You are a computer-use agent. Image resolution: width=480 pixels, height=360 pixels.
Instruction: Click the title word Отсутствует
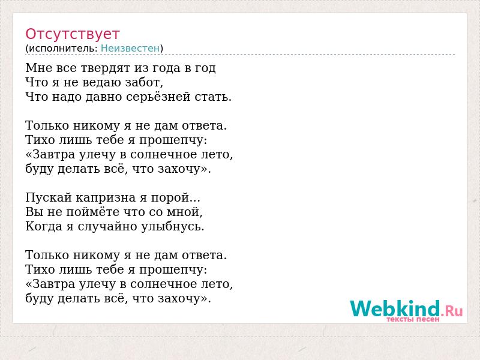tap(72, 34)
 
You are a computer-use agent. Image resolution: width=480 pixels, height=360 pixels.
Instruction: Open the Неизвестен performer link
tap(130, 48)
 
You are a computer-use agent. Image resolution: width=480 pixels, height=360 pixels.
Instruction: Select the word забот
tap(142, 82)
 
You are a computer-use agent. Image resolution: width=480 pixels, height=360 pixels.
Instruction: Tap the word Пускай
tap(49, 198)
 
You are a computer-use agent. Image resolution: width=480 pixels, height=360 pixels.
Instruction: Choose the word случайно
tap(107, 227)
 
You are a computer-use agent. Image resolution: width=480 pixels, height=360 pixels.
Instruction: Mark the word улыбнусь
tap(171, 227)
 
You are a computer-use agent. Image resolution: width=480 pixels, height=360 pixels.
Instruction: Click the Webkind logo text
tap(395, 308)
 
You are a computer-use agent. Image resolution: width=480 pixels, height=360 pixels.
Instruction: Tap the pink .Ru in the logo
tap(452, 311)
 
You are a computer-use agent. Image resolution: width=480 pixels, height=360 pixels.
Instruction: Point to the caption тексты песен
tap(413, 319)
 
